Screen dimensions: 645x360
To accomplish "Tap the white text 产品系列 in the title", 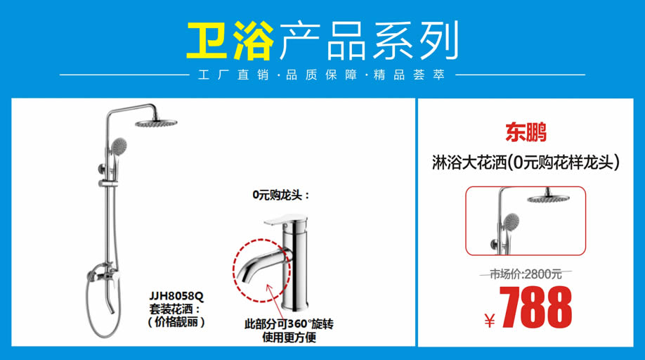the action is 369,40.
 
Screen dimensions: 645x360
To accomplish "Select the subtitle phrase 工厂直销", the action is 233,75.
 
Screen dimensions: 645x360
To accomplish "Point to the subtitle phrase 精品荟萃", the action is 410,75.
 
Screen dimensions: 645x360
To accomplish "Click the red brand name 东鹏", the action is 526,132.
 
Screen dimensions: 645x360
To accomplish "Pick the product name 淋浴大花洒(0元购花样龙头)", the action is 526,162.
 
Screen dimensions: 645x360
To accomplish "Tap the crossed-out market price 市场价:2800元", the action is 526,274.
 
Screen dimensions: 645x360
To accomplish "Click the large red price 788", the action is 535,307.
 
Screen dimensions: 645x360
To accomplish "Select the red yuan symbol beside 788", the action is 490,321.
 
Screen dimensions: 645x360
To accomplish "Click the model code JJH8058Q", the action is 176,296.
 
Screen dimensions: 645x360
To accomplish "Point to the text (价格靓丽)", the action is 176,322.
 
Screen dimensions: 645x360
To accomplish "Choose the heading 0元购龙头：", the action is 281,195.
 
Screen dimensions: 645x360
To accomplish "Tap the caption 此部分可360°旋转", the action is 289,324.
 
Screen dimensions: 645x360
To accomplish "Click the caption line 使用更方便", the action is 289,337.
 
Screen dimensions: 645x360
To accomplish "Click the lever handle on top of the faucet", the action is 285,220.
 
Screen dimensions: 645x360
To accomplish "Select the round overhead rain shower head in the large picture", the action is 156,122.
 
